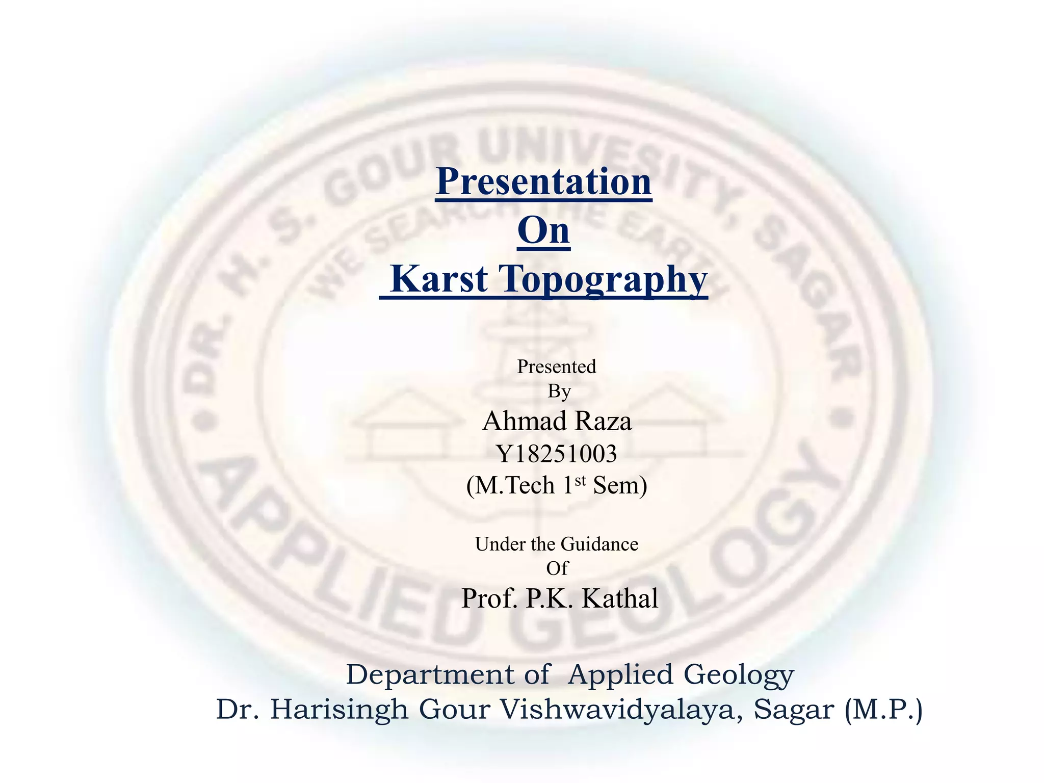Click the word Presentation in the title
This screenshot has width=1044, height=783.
(543, 181)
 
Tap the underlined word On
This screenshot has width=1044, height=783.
(543, 230)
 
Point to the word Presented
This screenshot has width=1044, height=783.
(557, 367)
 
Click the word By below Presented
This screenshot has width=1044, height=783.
(559, 391)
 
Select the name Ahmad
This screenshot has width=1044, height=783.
(525, 422)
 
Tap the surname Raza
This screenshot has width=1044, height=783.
(604, 422)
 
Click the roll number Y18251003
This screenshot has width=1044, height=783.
(557, 454)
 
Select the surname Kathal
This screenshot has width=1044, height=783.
(620, 598)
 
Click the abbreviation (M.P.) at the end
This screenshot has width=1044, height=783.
(883, 710)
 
